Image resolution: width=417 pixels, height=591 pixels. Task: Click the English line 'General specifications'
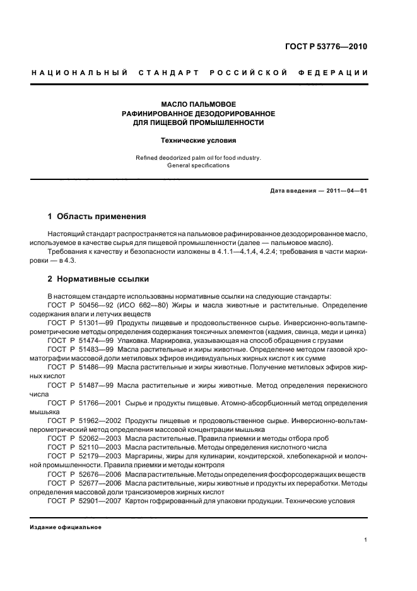(198, 165)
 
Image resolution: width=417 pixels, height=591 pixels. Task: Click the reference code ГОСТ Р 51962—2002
(85, 420)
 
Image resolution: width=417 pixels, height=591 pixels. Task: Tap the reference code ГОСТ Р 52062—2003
(85, 438)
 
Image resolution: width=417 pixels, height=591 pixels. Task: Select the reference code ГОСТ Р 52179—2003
(85, 455)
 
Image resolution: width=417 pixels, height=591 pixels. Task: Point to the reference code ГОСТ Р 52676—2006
(85, 474)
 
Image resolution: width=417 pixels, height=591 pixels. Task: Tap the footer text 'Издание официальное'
(66, 527)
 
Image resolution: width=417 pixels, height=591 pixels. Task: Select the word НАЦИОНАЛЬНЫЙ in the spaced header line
(80, 73)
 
